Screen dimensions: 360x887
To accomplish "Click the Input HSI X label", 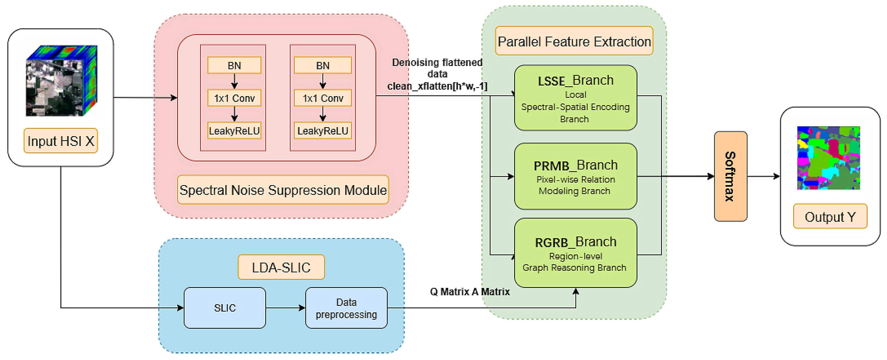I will tap(61, 141).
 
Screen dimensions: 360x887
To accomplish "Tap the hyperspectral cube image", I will tap(61, 81).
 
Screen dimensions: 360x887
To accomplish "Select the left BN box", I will tap(234, 65).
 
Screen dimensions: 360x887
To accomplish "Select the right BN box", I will tap(323, 65).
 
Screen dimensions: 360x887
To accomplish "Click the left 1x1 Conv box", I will tap(234, 98).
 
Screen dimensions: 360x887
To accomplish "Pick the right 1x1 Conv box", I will tap(323, 98).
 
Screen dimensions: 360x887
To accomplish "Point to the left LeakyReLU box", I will tap(234, 131).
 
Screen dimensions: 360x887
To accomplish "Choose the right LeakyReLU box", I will tap(323, 131).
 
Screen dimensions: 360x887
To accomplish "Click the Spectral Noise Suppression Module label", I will tap(283, 190).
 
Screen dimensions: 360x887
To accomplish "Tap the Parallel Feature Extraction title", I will tap(574, 41).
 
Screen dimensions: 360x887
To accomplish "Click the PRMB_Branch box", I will tap(575, 176).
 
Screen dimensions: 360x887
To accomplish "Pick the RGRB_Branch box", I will tap(575, 253).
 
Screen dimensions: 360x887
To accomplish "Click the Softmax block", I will tap(730, 176).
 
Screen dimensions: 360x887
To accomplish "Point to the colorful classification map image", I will tap(828, 158).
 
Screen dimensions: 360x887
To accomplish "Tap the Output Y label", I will tap(830, 217).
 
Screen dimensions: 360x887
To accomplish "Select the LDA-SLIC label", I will tap(281, 267).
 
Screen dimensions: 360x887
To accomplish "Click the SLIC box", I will tap(225, 308).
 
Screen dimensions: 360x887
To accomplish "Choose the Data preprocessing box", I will tap(346, 308).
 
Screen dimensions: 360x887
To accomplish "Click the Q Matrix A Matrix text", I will tap(470, 292).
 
